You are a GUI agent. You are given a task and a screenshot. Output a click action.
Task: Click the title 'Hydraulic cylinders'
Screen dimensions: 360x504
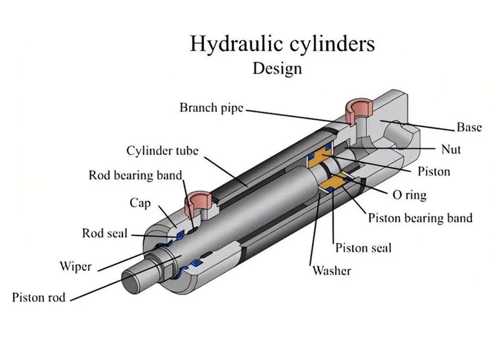pos(282,44)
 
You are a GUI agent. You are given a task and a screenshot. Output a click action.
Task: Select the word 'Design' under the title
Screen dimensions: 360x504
pos(277,68)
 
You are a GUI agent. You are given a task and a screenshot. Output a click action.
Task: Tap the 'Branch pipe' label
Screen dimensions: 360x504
pos(211,107)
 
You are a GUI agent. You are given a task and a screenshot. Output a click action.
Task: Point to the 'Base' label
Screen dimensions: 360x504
pos(469,127)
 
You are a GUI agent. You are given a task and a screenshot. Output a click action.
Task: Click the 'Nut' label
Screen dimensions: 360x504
pos(451,149)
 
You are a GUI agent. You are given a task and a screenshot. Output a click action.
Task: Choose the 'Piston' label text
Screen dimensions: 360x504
pos(433,171)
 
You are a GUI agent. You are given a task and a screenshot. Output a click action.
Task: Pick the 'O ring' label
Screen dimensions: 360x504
pos(409,195)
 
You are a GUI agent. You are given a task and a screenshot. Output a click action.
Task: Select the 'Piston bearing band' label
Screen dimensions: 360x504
pos(420,218)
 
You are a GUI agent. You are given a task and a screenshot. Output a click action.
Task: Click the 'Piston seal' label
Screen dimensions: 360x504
pos(363,248)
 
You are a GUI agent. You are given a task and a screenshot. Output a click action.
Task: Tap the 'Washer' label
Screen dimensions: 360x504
pos(331,270)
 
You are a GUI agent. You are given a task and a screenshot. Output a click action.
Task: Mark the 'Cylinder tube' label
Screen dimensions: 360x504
pos(162,151)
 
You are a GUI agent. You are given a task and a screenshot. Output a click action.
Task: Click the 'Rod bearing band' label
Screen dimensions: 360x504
pos(135,175)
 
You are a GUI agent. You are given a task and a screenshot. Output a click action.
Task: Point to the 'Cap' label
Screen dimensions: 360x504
pos(140,203)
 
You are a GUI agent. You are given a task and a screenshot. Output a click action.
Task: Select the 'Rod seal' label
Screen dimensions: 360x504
pos(105,233)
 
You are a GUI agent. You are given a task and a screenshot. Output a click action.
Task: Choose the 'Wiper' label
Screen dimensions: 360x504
pos(76,266)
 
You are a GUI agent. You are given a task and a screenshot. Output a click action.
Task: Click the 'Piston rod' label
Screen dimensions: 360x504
pos(39,297)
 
